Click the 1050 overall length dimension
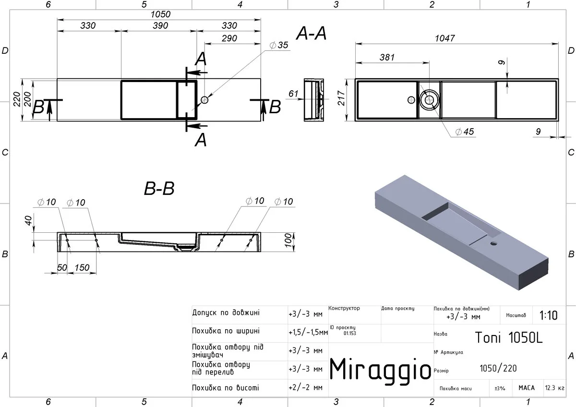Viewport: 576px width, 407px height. pyautogui.click(x=160, y=14)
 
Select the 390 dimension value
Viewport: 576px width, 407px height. pyautogui.click(x=160, y=25)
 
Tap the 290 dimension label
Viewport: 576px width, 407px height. pyautogui.click(x=229, y=38)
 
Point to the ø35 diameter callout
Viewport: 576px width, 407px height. pyautogui.click(x=279, y=45)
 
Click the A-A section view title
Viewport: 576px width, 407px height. pyautogui.click(x=311, y=33)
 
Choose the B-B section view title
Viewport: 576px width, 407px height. pyautogui.click(x=159, y=188)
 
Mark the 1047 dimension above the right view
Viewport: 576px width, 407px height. pyautogui.click(x=444, y=38)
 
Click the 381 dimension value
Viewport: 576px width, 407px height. pyautogui.click(x=387, y=57)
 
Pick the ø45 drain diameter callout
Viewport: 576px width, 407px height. pyautogui.click(x=465, y=132)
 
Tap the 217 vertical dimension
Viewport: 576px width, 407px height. pyautogui.click(x=341, y=98)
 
